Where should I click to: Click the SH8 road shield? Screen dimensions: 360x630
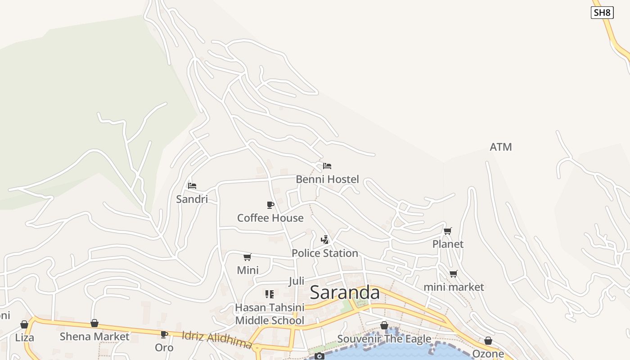(602, 13)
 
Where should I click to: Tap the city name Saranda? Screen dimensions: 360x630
(345, 292)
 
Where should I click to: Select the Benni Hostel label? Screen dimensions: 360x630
(327, 179)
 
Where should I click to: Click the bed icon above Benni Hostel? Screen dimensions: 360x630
(327, 166)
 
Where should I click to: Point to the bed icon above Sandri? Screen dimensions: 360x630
(192, 185)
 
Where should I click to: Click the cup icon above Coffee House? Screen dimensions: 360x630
(270, 205)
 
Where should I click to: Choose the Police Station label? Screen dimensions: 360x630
(325, 253)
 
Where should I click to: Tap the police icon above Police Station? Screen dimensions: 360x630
(325, 239)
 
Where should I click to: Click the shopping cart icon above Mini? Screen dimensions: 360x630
(247, 257)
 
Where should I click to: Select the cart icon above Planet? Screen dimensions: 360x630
(448, 231)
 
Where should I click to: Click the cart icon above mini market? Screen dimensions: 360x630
(454, 274)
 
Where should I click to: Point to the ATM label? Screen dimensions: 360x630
(501, 147)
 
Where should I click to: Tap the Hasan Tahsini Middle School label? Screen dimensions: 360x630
(270, 314)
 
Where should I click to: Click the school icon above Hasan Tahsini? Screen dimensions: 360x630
(270, 294)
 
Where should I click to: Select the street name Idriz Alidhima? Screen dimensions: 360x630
(217, 340)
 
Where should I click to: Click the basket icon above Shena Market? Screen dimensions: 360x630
(94, 323)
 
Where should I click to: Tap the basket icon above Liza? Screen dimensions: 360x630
(24, 324)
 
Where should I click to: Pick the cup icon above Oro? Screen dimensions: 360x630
(164, 334)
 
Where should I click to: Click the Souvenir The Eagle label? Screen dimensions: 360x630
(384, 338)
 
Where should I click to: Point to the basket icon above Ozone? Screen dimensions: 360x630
(488, 341)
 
